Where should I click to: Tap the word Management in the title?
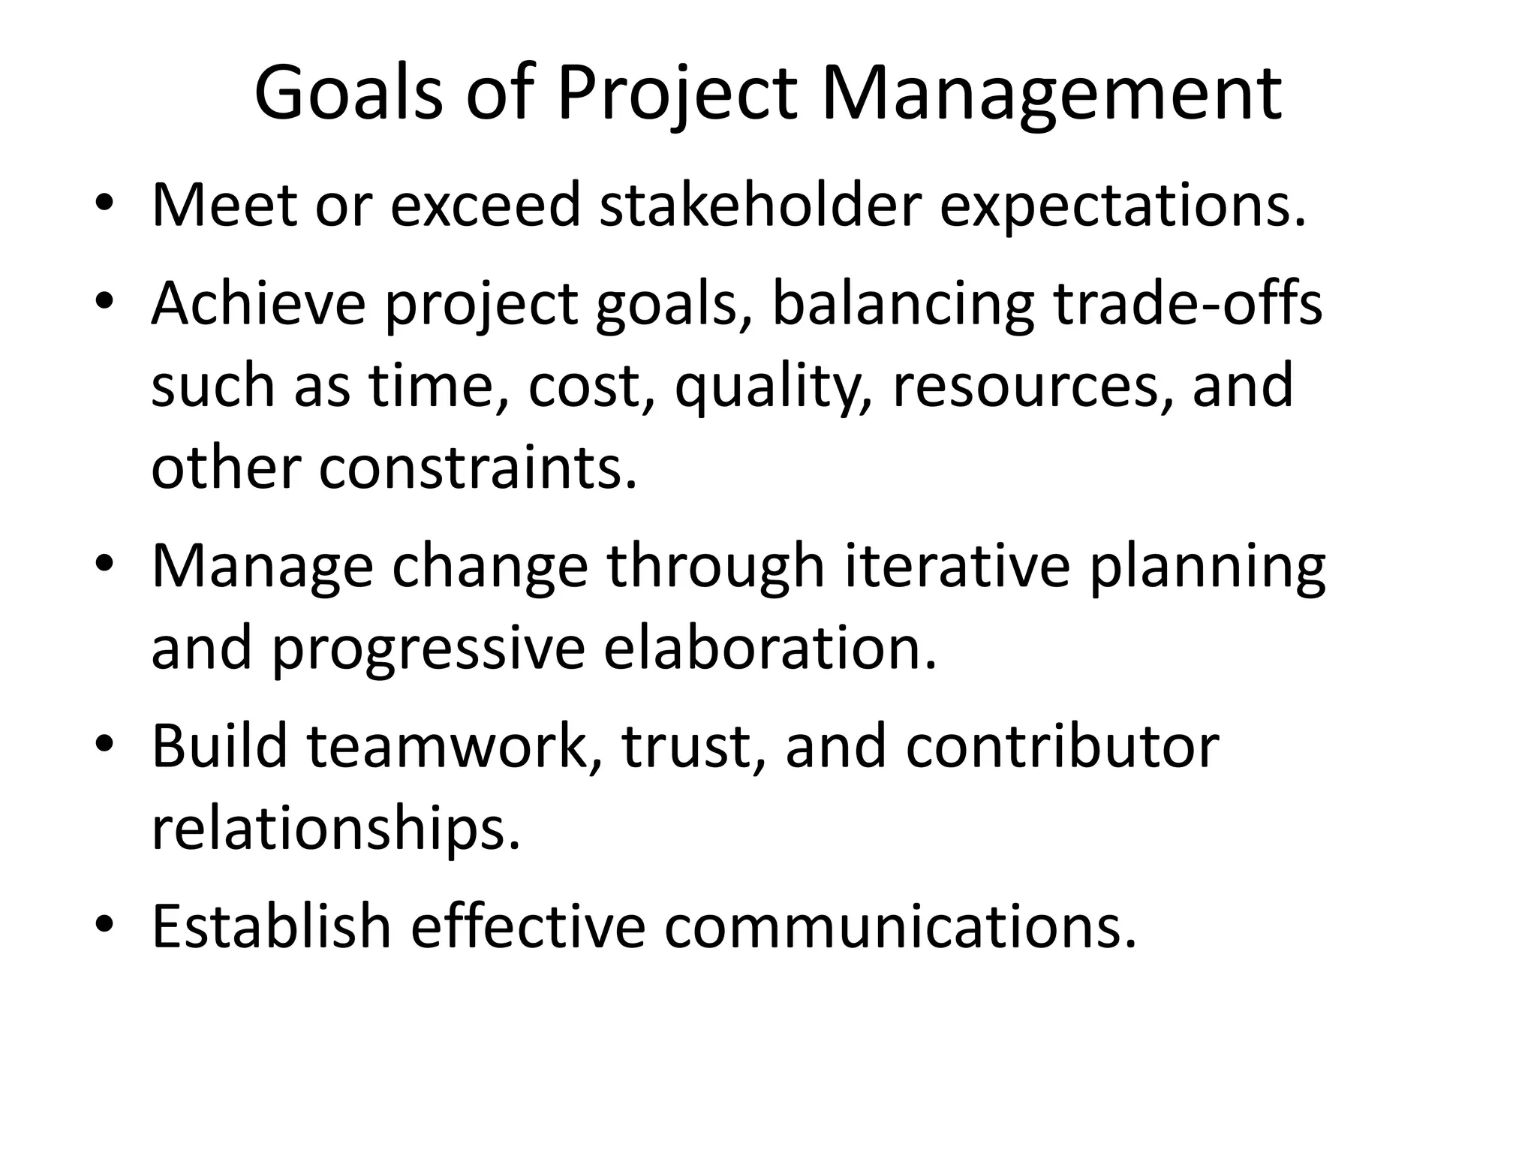point(1051,95)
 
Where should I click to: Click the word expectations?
point(1123,206)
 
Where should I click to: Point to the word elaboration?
point(770,647)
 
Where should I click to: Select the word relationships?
point(335,829)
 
